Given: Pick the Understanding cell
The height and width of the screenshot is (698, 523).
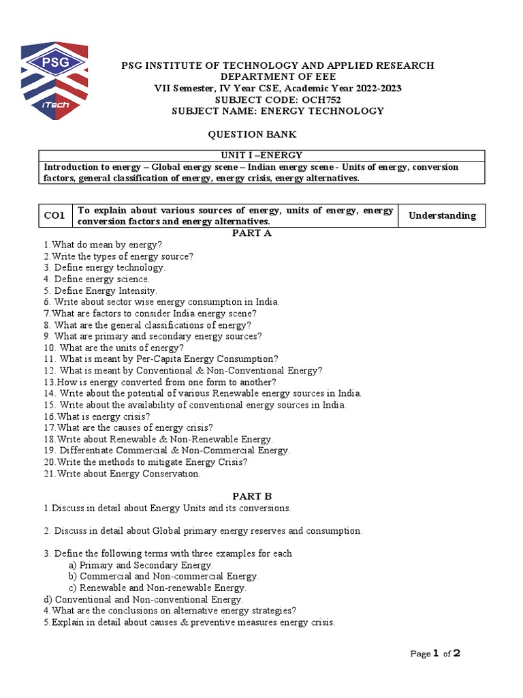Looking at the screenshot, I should pyautogui.click(x=441, y=216).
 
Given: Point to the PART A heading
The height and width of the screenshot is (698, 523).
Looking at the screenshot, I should pyautogui.click(x=253, y=233).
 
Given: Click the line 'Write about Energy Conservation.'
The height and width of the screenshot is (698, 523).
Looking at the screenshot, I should pyautogui.click(x=122, y=474).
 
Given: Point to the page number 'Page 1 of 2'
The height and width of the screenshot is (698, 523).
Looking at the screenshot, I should pyautogui.click(x=435, y=654).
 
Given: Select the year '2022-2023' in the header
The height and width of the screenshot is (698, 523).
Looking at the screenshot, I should pyautogui.click(x=376, y=88).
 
